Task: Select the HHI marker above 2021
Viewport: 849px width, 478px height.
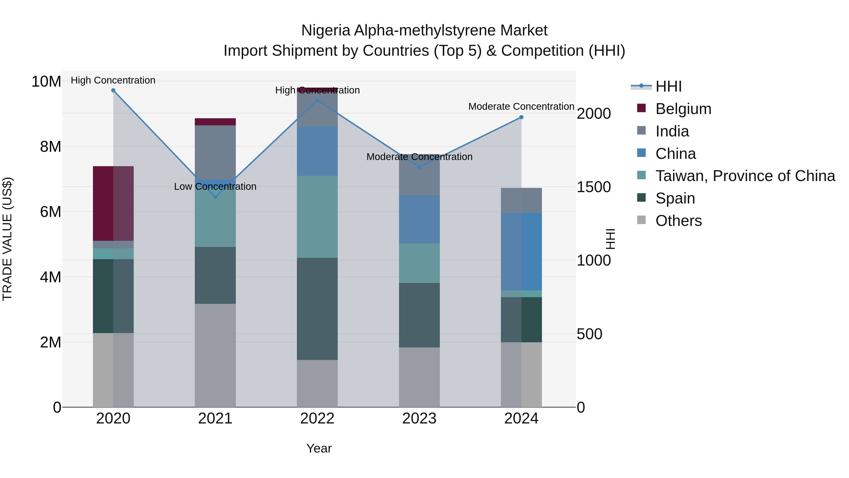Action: tap(215, 197)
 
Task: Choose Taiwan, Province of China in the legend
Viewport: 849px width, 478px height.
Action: tap(745, 176)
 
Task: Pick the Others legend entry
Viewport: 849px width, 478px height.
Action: tap(678, 221)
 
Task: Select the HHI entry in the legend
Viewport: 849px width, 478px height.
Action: tap(668, 86)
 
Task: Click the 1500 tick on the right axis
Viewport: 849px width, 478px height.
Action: tap(594, 187)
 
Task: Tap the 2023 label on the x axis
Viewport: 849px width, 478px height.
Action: tap(419, 419)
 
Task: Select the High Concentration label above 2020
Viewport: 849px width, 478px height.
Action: tap(113, 80)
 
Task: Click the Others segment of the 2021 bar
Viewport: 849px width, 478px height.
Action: tap(215, 355)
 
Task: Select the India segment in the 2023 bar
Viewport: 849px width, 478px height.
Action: tap(419, 178)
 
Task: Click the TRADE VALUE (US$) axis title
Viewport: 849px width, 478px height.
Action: tap(7, 239)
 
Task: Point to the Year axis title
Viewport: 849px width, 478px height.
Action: tap(319, 448)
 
